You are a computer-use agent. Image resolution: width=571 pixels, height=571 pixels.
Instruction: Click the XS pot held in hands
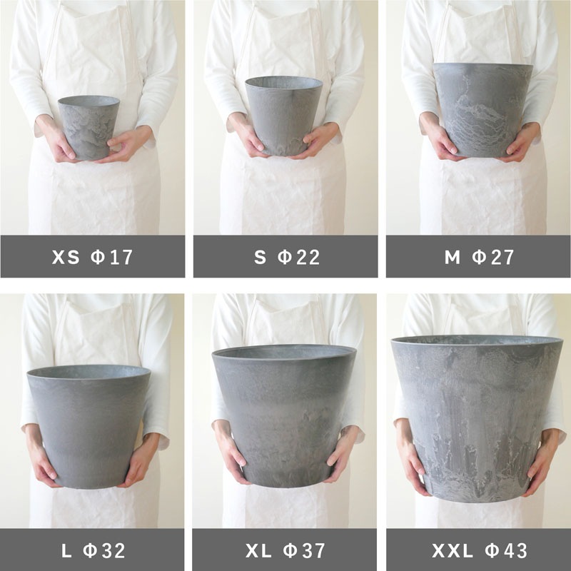click(x=89, y=128)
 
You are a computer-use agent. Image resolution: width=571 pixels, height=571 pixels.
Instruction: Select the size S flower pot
click(x=283, y=116)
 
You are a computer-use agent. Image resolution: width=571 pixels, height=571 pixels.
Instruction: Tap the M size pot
click(x=482, y=110)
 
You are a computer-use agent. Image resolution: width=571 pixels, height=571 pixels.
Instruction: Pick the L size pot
click(x=89, y=426)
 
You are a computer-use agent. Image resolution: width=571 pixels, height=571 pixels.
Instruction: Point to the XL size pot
click(x=284, y=415)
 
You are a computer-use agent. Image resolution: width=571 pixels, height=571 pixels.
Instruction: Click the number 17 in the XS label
click(x=121, y=257)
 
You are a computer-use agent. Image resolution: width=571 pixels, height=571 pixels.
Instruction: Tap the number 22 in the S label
click(x=308, y=257)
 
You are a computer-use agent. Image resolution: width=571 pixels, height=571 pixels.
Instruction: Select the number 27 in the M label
click(x=502, y=257)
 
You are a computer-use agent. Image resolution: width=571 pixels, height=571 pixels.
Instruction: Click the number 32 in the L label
click(x=113, y=550)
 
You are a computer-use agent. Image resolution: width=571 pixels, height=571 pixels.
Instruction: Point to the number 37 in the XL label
click(x=313, y=550)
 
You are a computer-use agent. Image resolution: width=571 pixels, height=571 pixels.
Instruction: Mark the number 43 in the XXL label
click(x=515, y=550)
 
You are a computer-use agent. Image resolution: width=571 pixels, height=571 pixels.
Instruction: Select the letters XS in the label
click(x=66, y=257)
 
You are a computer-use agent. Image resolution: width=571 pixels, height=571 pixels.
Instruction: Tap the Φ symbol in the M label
click(x=479, y=257)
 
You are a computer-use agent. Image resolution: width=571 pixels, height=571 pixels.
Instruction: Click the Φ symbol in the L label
click(x=90, y=550)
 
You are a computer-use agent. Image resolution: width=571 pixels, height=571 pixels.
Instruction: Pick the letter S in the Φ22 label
click(x=260, y=257)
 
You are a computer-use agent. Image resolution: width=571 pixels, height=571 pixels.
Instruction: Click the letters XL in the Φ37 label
click(x=258, y=550)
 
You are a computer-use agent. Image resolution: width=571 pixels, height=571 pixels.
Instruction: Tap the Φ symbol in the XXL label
click(x=492, y=550)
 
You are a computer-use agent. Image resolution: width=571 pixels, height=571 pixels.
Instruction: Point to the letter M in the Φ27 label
click(x=453, y=257)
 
